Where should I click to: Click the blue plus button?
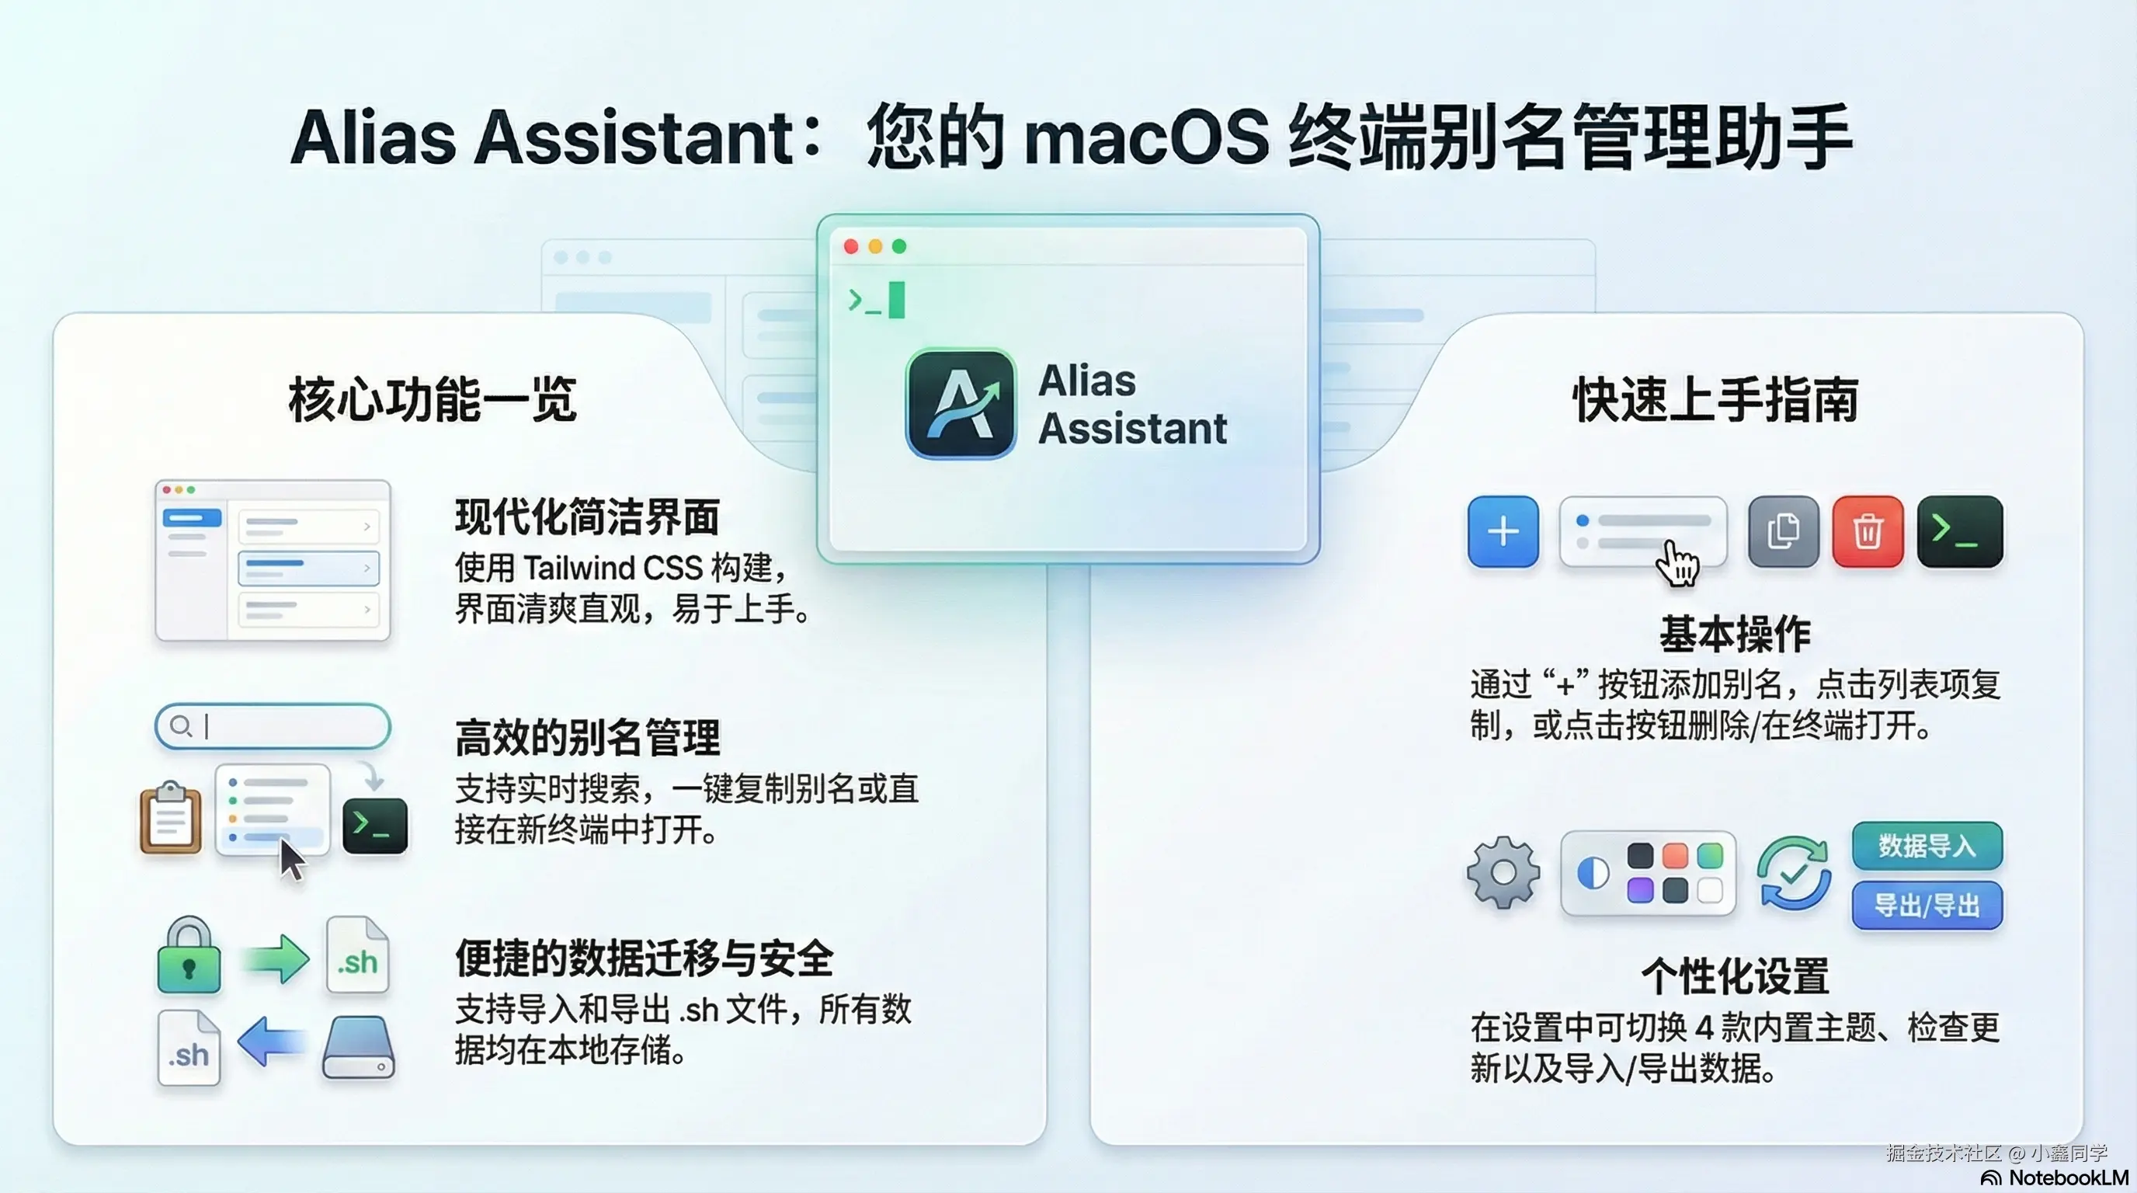[1503, 532]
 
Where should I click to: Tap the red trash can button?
[1868, 532]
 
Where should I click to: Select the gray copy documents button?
[1783, 532]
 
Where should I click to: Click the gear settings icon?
[1503, 872]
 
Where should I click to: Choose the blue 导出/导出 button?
[1927, 905]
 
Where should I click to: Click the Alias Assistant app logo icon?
[961, 403]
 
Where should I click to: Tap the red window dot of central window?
[850, 246]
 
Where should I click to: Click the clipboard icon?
[171, 818]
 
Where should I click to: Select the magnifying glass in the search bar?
[180, 727]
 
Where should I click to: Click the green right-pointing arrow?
[276, 959]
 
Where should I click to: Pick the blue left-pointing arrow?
[272, 1042]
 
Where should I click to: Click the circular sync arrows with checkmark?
[1794, 873]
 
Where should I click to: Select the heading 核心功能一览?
[433, 400]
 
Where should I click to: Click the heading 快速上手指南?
[1715, 400]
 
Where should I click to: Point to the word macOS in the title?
[1146, 137]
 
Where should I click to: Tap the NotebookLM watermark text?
[2068, 1178]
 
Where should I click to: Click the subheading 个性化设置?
[1736, 976]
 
